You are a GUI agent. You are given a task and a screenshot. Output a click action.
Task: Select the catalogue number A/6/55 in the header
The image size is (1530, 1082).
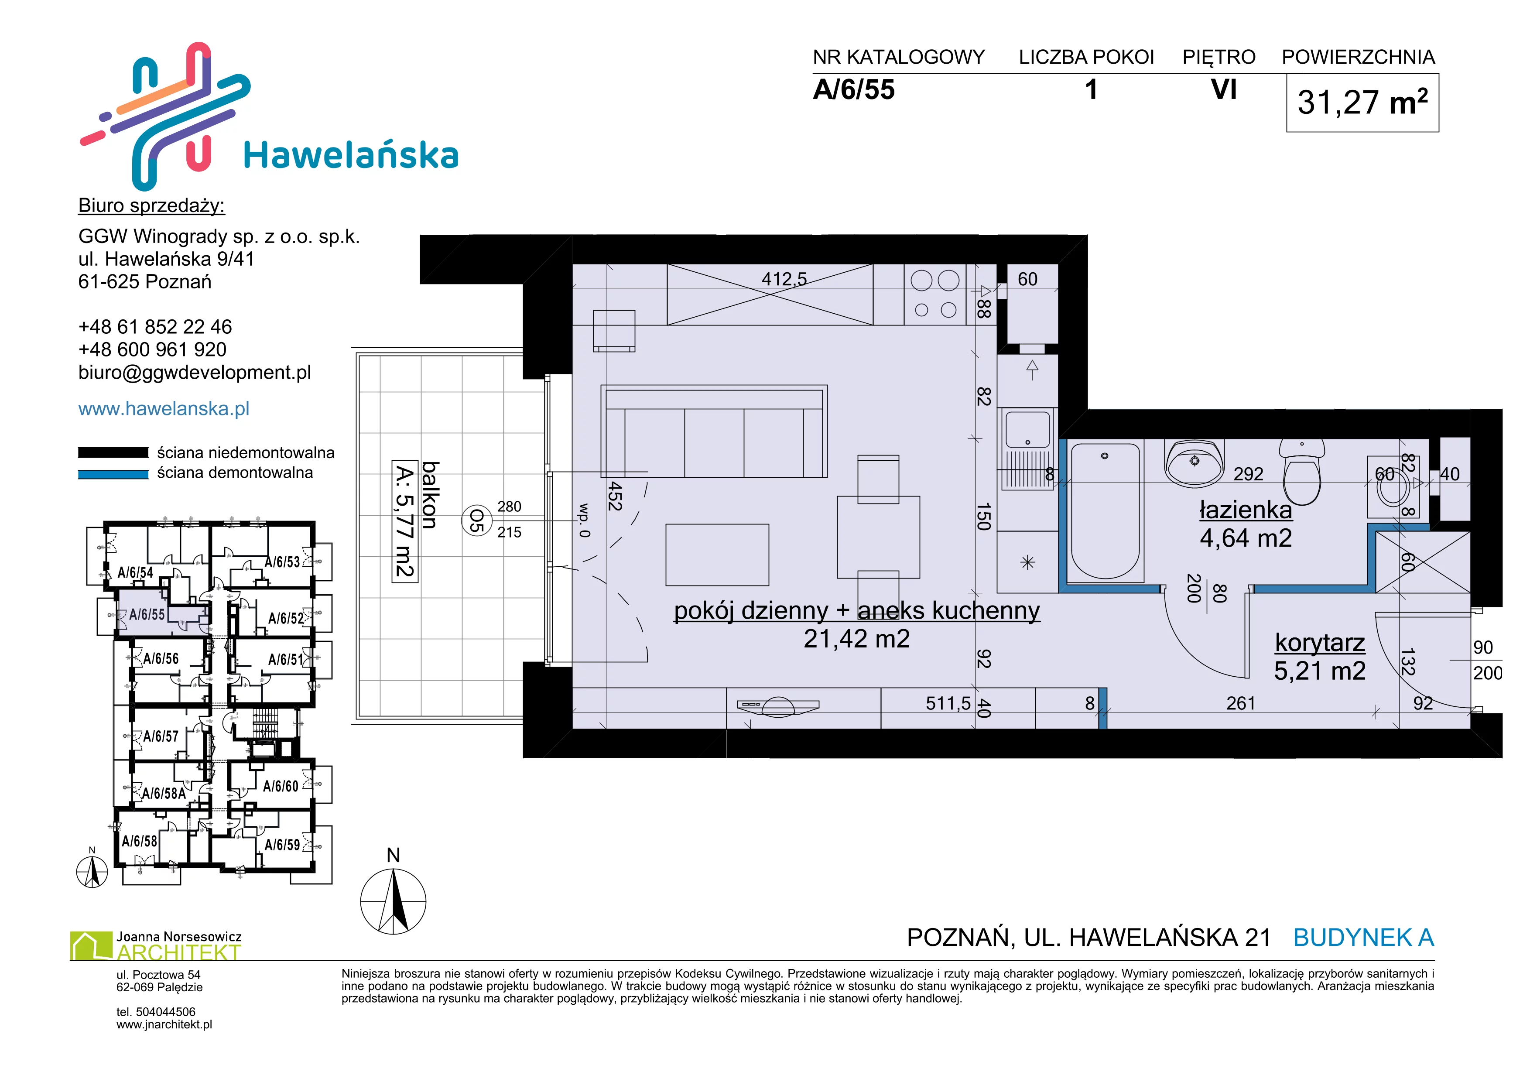854,90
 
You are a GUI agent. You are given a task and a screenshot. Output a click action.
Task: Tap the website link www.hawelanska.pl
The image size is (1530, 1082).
164,408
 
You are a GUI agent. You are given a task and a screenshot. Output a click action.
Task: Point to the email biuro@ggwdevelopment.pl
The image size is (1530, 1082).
195,373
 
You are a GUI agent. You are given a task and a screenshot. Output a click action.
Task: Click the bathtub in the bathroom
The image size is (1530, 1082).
1105,511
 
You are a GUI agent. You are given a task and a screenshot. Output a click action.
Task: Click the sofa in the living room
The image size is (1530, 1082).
714,432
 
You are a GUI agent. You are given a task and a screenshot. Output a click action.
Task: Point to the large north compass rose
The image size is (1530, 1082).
393,901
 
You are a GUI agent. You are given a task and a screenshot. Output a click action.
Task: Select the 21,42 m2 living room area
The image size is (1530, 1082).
856,639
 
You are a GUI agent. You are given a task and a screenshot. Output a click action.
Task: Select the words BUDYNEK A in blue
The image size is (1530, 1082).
1363,938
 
